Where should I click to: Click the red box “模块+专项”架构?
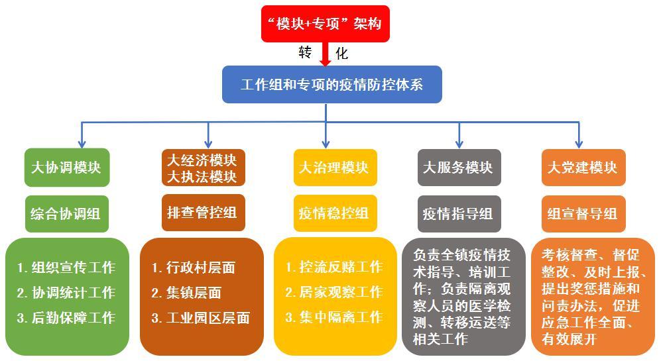point(325,24)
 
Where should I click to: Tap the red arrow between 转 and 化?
point(325,54)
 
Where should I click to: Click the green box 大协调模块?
point(66,167)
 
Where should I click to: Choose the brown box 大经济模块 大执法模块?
point(202,168)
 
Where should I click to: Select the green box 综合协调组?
point(66,213)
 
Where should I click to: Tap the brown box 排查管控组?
point(202,213)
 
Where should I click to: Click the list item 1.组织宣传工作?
point(66,268)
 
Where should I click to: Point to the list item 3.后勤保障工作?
point(66,318)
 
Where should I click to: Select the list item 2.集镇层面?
point(186,293)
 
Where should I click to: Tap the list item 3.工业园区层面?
point(201,318)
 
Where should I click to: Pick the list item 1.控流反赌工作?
point(334,267)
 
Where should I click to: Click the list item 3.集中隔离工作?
point(334,317)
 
